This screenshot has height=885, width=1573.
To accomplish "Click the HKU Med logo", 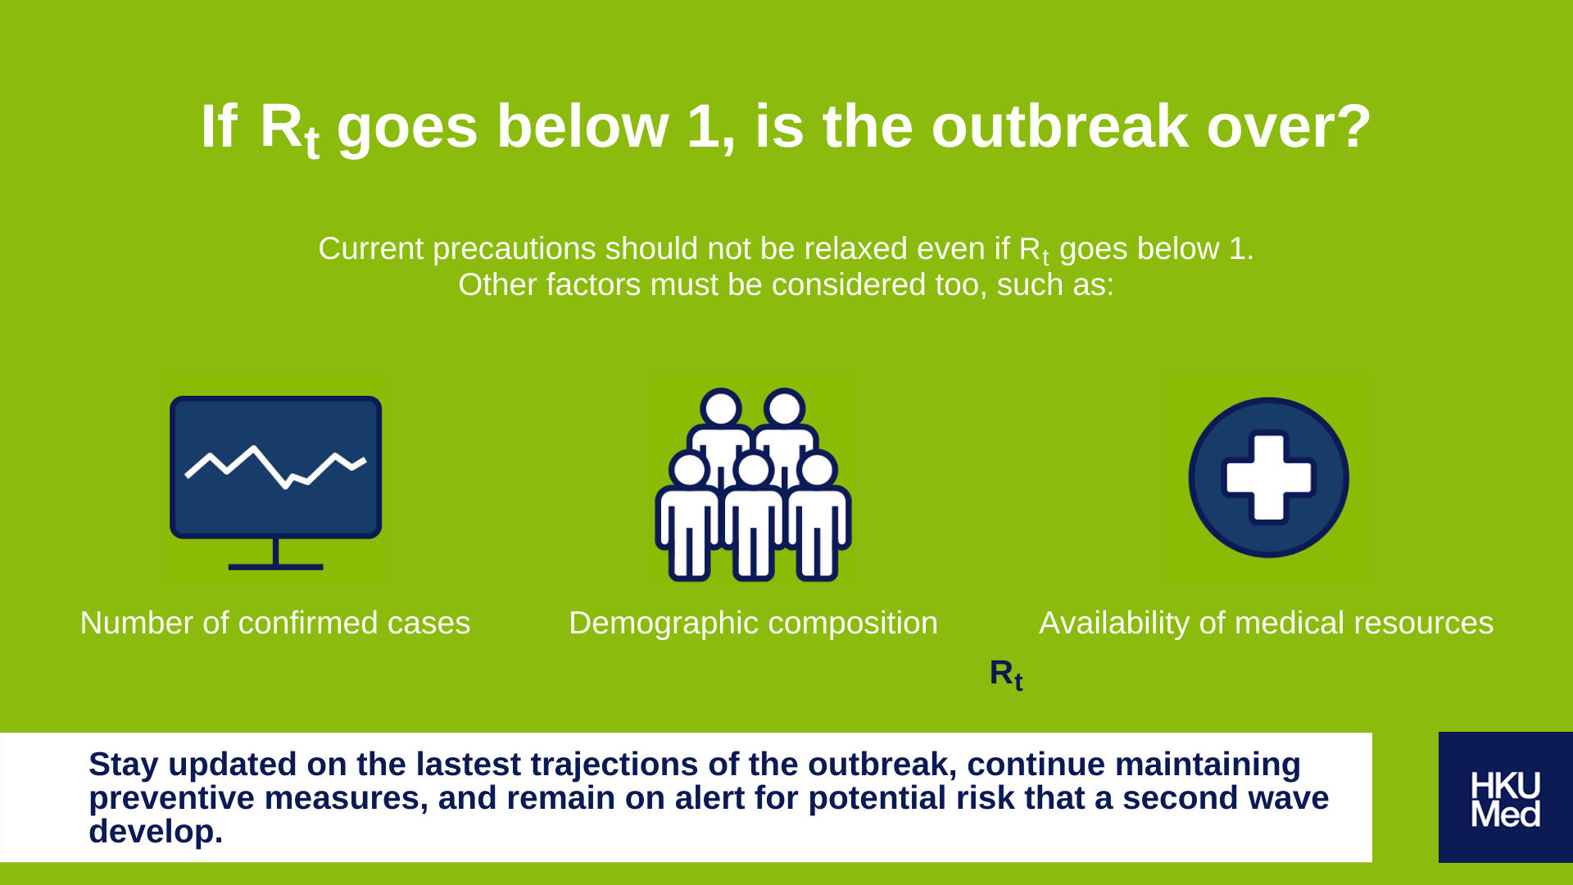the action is click(x=1505, y=797).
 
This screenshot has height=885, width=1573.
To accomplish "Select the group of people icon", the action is click(x=753, y=484).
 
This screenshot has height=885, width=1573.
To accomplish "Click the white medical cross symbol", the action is click(x=1268, y=478).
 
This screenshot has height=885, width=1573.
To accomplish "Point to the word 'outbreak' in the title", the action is click(x=1060, y=127).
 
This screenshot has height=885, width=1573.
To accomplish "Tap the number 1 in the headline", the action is click(x=705, y=127).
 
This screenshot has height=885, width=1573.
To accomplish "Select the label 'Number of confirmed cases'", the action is click(x=275, y=623).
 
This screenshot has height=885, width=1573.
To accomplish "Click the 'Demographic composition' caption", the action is click(x=753, y=624).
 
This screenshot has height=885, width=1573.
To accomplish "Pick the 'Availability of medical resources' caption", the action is click(x=1266, y=623).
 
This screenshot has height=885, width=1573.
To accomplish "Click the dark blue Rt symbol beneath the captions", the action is click(x=1006, y=674).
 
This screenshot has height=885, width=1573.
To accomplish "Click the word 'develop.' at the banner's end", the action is click(x=156, y=833).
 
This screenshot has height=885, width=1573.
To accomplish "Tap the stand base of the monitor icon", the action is click(x=275, y=566).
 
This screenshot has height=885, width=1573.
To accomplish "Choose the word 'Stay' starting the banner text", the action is click(x=123, y=765).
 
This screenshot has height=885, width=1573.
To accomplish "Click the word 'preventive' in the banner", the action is click(x=171, y=799).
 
